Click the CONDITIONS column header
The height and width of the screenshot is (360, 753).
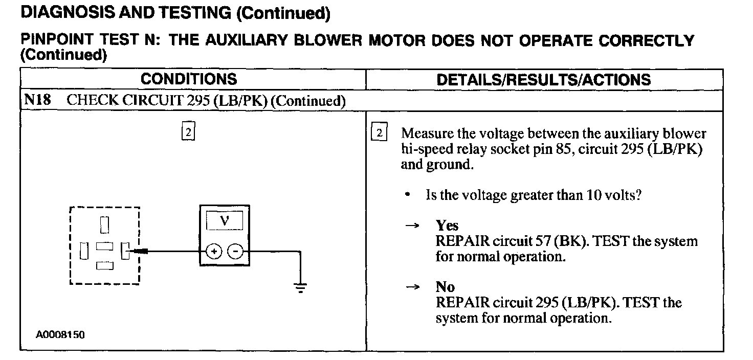189,79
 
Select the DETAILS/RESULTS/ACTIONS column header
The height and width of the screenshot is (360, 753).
544,80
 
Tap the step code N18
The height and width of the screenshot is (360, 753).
37,100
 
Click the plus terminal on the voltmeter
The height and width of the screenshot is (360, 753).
214,251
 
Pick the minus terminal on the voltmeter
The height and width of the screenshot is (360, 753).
235,251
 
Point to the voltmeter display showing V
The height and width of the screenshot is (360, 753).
224,221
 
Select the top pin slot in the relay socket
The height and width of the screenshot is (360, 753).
104,224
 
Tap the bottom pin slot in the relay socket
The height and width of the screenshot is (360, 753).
104,265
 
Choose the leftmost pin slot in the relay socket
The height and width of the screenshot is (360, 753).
84,251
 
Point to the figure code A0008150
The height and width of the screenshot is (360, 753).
60,335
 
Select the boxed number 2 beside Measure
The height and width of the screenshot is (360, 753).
379,132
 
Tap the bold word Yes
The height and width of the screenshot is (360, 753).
447,226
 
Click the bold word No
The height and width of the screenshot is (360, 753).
445,287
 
